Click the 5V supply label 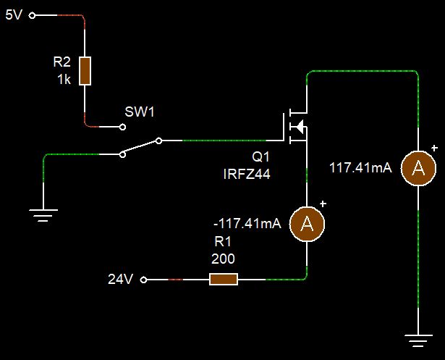(x=14, y=14)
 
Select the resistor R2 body (x=85, y=71)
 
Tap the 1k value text (x=64, y=80)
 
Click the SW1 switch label (x=140, y=112)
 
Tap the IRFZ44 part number (x=247, y=174)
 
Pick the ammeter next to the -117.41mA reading (x=308, y=223)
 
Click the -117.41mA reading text (x=247, y=224)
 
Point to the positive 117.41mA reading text (x=360, y=168)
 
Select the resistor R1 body (x=224, y=280)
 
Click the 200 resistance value (x=223, y=258)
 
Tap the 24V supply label (x=120, y=280)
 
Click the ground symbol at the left (x=44, y=212)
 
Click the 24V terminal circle (x=143, y=280)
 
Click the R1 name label (x=223, y=242)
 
